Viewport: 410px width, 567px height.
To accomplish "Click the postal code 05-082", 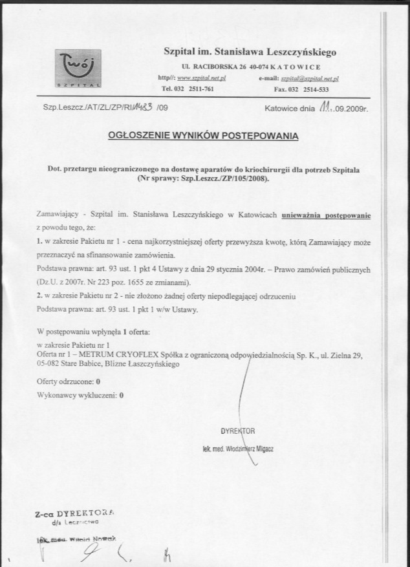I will [x=49, y=363].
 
